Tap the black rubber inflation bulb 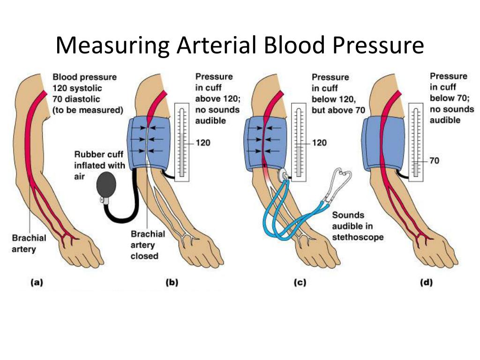[107, 187]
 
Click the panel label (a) [37, 283]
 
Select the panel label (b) [172, 283]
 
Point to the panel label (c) [299, 283]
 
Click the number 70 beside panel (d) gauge [435, 161]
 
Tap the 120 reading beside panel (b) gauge [202, 143]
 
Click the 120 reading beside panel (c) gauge [319, 143]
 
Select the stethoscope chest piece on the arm [285, 175]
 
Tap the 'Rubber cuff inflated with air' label [99, 165]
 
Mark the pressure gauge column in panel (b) [182, 141]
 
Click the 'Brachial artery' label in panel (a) [29, 243]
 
